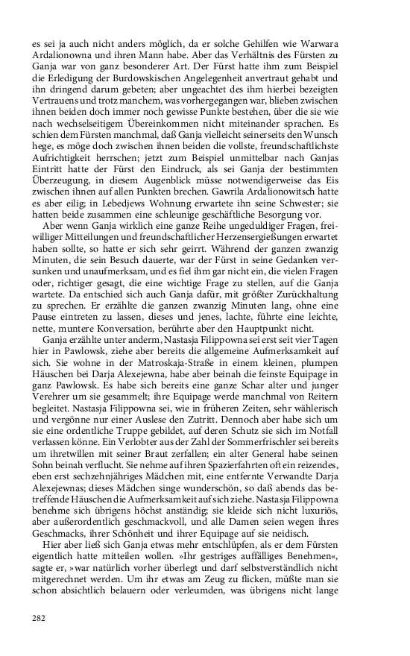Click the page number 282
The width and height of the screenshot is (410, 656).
[40, 617]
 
